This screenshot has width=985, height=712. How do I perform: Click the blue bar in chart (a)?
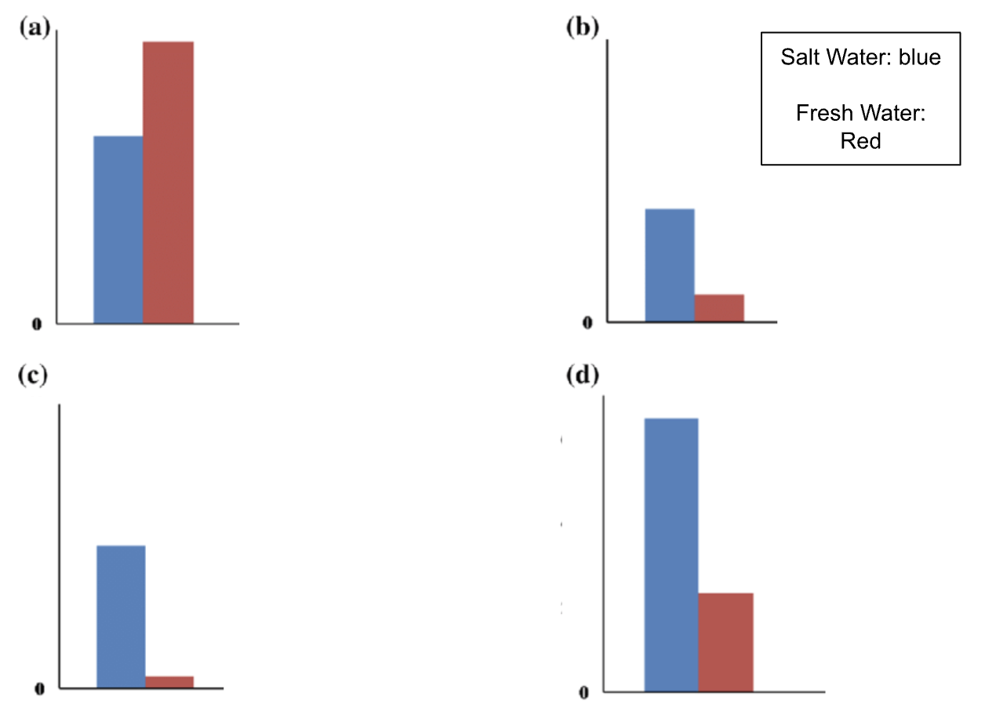(118, 229)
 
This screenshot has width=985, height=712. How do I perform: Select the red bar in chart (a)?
(168, 182)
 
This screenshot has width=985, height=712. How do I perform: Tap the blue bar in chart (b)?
(669, 265)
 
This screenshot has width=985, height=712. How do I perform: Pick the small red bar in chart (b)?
(719, 308)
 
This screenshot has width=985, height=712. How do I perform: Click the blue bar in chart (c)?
(121, 616)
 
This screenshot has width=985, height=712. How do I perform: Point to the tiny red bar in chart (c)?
(169, 682)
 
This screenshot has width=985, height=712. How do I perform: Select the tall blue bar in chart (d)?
(671, 555)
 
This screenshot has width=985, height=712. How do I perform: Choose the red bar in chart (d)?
(725, 642)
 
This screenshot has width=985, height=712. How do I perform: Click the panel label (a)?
(34, 29)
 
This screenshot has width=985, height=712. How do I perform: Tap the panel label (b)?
(582, 29)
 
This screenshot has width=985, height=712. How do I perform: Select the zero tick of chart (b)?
(587, 321)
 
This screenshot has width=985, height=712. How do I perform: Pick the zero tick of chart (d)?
(583, 693)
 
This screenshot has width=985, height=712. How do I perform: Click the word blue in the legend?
(920, 57)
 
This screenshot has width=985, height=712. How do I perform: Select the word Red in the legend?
(860, 141)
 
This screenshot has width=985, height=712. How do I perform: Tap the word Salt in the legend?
(798, 57)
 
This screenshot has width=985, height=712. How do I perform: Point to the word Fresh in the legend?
(824, 114)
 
